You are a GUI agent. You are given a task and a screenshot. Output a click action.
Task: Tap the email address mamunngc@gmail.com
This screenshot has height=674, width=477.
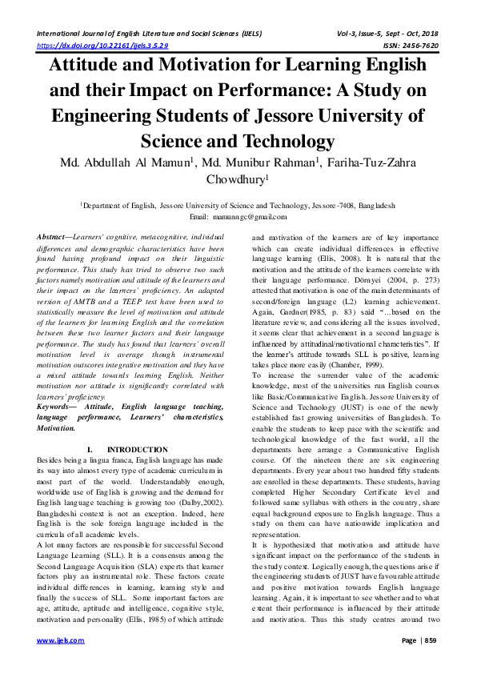point(255,218)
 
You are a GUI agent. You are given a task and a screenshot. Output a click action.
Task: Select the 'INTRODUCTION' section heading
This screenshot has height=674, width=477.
point(136,450)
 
